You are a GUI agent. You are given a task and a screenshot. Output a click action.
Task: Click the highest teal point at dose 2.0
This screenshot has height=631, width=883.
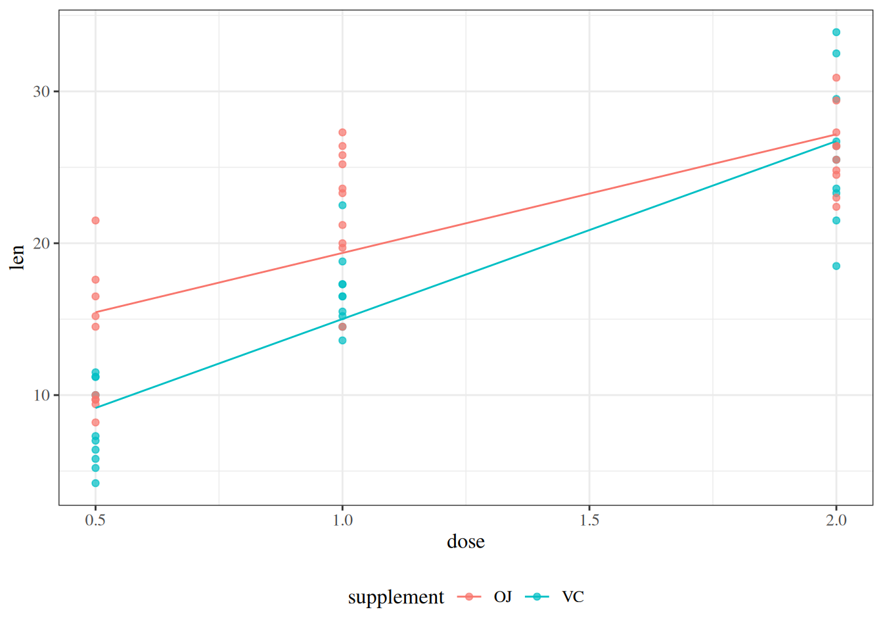pyautogui.click(x=836, y=32)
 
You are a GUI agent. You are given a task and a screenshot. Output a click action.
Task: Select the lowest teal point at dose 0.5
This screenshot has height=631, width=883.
pyautogui.click(x=95, y=483)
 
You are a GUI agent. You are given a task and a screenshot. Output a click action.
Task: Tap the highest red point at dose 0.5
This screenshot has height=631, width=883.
pyautogui.click(x=95, y=220)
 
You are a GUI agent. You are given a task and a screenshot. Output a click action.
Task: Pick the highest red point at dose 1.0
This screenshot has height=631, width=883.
pyautogui.click(x=342, y=133)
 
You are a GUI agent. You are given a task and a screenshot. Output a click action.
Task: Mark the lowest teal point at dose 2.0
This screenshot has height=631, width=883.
pyautogui.click(x=836, y=266)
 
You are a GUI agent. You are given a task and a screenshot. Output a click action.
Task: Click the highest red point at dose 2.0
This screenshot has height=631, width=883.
pyautogui.click(x=836, y=78)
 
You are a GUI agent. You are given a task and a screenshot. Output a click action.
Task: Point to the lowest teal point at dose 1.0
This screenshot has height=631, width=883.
pyautogui.click(x=342, y=340)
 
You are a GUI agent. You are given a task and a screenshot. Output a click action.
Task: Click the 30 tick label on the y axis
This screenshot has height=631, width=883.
pyautogui.click(x=41, y=91)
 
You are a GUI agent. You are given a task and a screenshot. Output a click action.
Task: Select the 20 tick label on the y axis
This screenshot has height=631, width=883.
pyautogui.click(x=41, y=243)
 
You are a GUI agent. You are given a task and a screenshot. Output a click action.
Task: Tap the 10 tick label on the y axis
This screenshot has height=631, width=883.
pyautogui.click(x=41, y=395)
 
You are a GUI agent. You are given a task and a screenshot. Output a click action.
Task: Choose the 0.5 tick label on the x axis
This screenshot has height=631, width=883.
pyautogui.click(x=95, y=521)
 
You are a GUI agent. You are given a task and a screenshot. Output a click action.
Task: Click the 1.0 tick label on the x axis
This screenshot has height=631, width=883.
pyautogui.click(x=342, y=521)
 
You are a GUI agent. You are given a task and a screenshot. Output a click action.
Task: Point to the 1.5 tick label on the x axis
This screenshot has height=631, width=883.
pyautogui.click(x=589, y=521)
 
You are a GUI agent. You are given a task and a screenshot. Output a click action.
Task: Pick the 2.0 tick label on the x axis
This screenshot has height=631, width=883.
pyautogui.click(x=836, y=521)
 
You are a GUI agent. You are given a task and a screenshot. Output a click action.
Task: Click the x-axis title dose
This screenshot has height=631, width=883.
pyautogui.click(x=466, y=542)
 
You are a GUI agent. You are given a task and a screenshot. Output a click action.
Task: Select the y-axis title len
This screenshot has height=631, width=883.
pyautogui.click(x=17, y=257)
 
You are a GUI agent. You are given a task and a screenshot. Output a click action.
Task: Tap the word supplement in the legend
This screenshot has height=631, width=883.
pyautogui.click(x=396, y=597)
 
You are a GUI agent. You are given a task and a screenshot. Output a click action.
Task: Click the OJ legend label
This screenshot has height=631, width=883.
pyautogui.click(x=503, y=597)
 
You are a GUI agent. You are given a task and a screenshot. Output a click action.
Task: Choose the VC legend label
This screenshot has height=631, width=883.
pyautogui.click(x=573, y=597)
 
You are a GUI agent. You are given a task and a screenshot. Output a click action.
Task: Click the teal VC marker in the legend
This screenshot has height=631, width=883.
pyautogui.click(x=537, y=597)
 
